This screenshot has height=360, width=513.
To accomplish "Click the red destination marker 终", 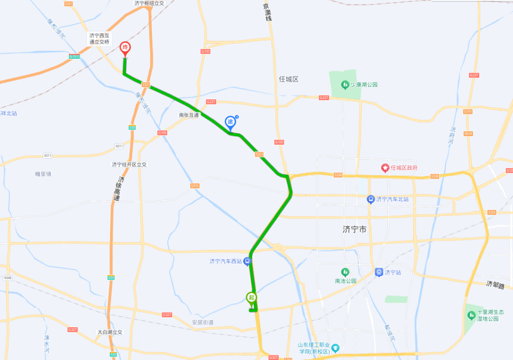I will pyautogui.click(x=125, y=47).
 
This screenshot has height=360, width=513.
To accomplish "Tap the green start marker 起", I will pyautogui.click(x=251, y=298).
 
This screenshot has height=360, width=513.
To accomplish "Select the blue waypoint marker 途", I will pyautogui.click(x=230, y=122).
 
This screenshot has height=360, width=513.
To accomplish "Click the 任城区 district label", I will pyautogui.click(x=289, y=79).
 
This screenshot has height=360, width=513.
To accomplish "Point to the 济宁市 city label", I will pyautogui.click(x=354, y=229).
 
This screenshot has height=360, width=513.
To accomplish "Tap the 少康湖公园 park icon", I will pyautogui.click(x=345, y=85).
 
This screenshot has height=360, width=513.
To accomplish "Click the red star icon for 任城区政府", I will pyautogui.click(x=385, y=168).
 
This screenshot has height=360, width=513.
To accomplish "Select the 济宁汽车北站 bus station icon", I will pyautogui.click(x=370, y=199).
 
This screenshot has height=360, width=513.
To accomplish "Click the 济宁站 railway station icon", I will pyautogui.click(x=379, y=272).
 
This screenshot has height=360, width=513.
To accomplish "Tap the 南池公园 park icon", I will pyautogui.click(x=345, y=272).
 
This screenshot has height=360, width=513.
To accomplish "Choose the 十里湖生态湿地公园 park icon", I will pyautogui.click(x=471, y=315).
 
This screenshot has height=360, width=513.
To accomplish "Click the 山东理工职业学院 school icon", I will pyautogui.click(x=335, y=348).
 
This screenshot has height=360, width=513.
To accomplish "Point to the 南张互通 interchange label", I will pyautogui.click(x=189, y=115).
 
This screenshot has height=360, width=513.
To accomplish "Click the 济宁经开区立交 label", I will pyautogui.click(x=129, y=164).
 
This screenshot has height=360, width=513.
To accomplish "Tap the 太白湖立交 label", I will pyautogui.click(x=110, y=332).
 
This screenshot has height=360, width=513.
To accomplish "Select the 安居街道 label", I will pyautogui.click(x=202, y=322).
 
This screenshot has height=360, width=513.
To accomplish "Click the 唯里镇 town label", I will pyautogui.click(x=43, y=174).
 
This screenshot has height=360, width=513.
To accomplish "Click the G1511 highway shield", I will pyautogui.click(x=74, y=57).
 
